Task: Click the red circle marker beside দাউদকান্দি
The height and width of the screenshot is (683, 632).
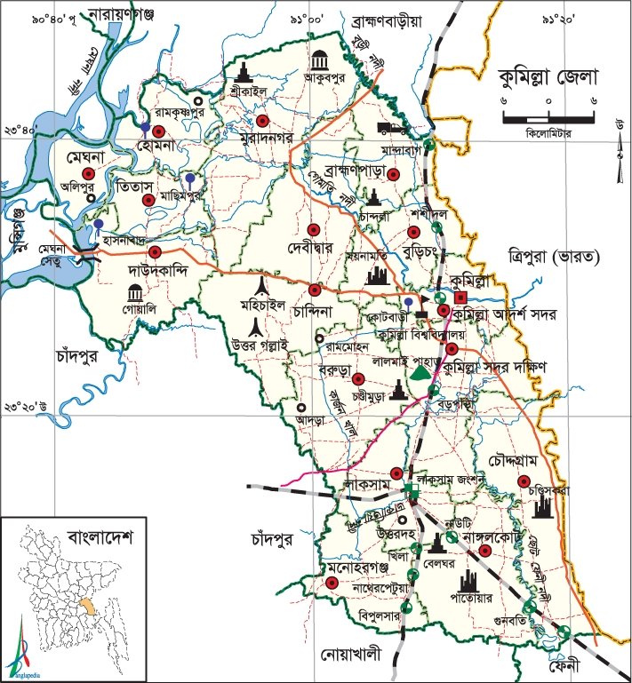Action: pyautogui.click(x=155, y=252)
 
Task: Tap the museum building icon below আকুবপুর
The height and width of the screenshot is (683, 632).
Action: pyautogui.click(x=318, y=60)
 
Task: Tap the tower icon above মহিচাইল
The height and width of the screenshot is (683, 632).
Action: pyautogui.click(x=260, y=286)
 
